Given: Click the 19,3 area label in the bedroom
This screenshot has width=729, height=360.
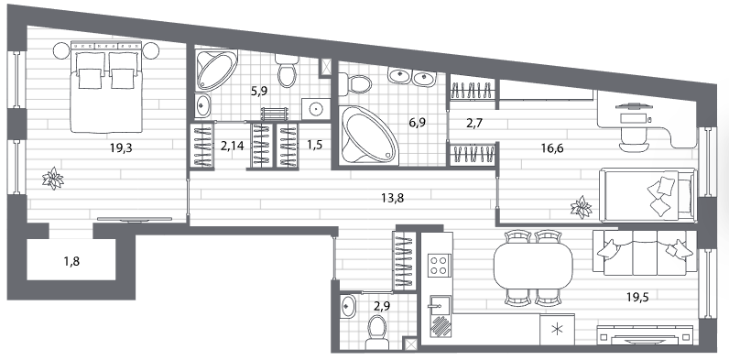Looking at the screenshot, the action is point(120,148).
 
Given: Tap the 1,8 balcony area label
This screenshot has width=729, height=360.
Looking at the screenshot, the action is point(71,261).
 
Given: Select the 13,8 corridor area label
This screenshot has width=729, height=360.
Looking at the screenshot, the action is point(392,199).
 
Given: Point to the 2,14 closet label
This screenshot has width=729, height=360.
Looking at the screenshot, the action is point(232,146).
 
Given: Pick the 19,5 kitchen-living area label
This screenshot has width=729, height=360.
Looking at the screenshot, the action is point(637,297).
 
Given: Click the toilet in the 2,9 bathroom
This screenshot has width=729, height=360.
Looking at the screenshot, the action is point(376,333).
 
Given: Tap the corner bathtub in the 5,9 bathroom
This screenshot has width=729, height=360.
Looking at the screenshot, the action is point(216,71).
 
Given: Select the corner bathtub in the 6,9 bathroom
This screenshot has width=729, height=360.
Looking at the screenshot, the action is point(368,136).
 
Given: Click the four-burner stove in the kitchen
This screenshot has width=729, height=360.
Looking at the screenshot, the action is point(438,266).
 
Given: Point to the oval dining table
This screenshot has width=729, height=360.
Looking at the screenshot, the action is point(533,267).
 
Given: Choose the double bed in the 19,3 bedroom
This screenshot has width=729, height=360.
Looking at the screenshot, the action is point(106,87).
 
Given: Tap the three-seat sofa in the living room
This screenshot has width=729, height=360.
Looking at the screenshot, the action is point(645,253).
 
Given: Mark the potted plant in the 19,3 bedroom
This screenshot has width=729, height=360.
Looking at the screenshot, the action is point(52,178).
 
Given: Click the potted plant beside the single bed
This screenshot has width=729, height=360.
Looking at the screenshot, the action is point(581,207).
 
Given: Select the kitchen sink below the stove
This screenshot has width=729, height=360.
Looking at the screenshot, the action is point(440,305).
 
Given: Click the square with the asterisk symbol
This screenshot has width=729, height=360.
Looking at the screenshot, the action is point(557,329).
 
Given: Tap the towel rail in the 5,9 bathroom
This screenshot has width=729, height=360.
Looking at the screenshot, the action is point(275,115).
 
